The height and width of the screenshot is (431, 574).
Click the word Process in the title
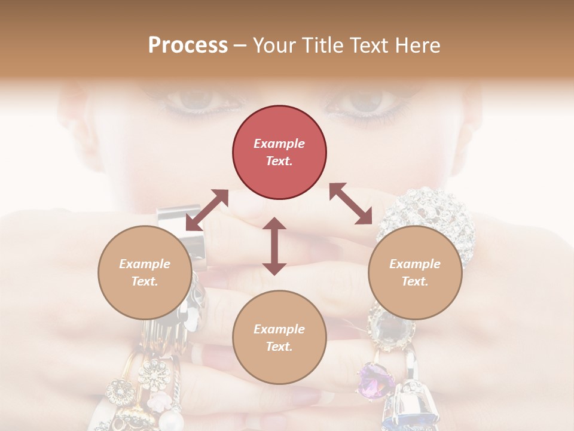click(x=188, y=45)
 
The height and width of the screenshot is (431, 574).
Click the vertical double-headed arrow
click(x=274, y=246)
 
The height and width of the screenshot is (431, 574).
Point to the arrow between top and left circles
click(x=207, y=210)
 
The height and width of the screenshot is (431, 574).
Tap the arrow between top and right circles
click(x=350, y=204)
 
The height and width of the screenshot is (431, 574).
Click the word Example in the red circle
click(x=279, y=144)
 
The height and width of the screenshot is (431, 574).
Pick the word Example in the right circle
click(x=415, y=264)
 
